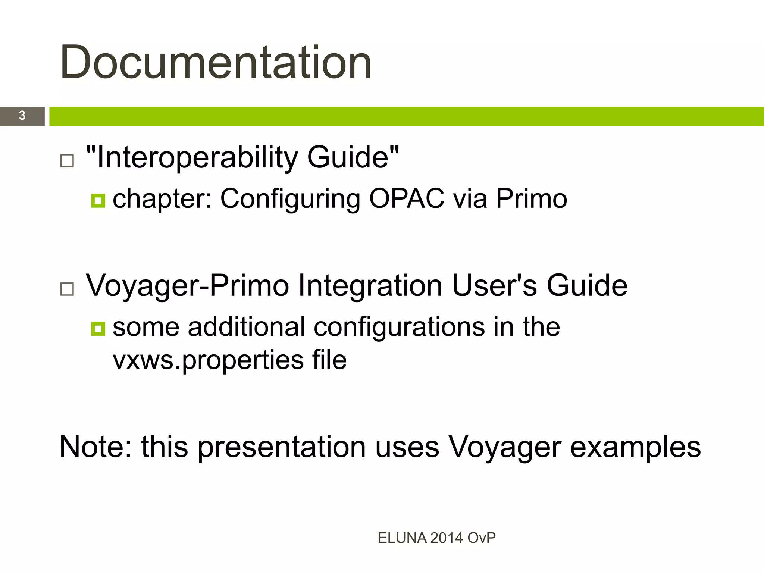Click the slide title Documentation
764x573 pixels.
[216, 62]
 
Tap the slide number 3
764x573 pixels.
[22, 116]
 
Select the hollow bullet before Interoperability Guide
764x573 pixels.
[67, 161]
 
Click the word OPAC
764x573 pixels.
[407, 198]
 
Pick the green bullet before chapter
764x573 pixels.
[98, 201]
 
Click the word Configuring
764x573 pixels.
[290, 199]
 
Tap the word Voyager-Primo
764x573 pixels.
[188, 286]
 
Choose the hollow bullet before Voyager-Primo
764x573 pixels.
[67, 289]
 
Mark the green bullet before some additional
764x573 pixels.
[98, 329]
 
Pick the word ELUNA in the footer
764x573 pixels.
[402, 538]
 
